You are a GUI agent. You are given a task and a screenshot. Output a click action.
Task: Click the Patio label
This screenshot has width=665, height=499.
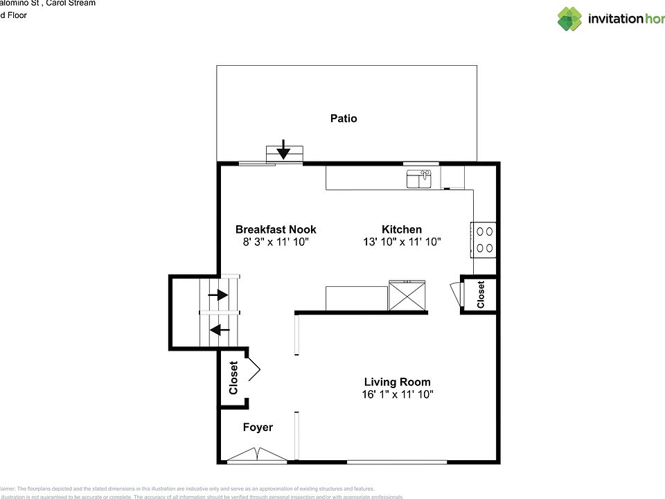click(344, 119)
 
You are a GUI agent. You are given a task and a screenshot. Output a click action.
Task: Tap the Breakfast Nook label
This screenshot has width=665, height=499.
click(276, 229)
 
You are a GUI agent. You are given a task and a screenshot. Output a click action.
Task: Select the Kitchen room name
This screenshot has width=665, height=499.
click(402, 229)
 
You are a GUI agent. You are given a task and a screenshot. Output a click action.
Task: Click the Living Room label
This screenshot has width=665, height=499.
click(397, 382)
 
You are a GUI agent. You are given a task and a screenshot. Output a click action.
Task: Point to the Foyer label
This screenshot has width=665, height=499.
click(258, 428)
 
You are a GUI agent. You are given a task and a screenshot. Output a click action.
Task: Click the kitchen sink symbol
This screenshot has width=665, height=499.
click(419, 180)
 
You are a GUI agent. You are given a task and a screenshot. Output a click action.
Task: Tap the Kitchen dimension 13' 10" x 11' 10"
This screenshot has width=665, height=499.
click(402, 242)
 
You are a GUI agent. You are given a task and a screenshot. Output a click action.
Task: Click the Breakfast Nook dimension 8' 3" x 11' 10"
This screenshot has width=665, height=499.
click(276, 242)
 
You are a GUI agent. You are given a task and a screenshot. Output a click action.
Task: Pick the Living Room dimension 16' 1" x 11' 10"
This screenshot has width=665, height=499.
click(397, 394)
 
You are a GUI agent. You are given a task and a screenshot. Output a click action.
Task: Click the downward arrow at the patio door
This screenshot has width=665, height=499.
click(283, 149)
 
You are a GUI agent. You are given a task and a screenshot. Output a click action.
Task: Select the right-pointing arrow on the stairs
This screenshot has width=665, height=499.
click(219, 295)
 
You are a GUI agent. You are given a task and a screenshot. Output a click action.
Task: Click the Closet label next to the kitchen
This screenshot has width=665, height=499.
click(481, 295)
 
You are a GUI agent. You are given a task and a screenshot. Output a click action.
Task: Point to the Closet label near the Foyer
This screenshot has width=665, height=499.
click(233, 378)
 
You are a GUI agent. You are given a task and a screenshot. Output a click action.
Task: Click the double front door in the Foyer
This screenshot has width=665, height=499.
click(257, 455)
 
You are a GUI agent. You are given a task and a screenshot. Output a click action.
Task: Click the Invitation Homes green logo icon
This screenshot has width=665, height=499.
click(570, 19)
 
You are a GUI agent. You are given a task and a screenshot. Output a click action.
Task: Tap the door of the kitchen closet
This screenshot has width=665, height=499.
click(454, 292)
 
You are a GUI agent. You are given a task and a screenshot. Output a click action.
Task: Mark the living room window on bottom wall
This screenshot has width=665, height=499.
click(396, 462)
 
